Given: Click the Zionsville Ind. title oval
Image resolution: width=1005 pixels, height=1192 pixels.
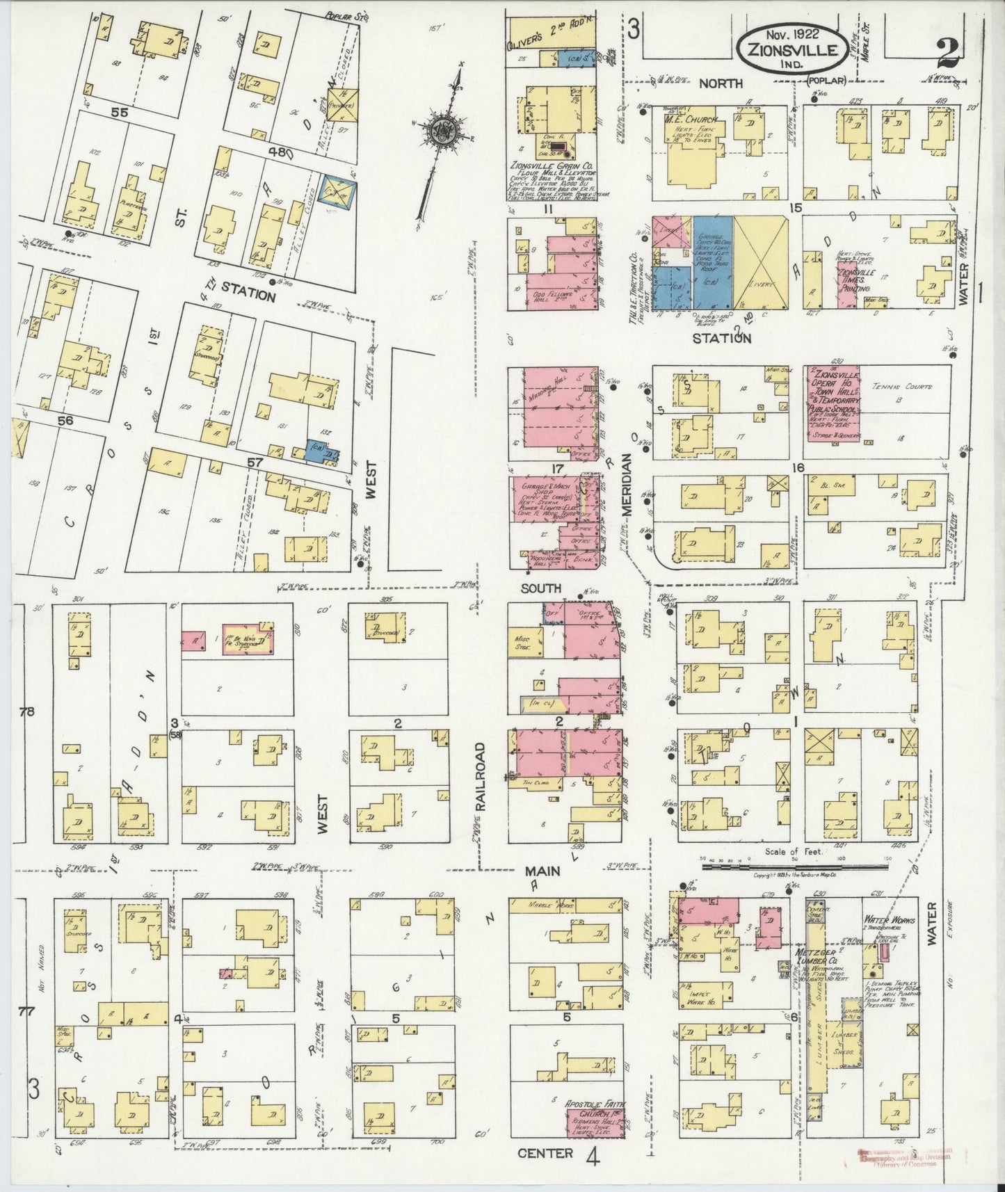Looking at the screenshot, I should (793, 51).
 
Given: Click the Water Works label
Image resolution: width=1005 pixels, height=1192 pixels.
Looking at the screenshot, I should (886, 919).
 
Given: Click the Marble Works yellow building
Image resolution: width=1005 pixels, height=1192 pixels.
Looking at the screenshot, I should (563, 905).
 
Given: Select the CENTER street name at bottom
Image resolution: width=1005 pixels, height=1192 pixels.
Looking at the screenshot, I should (545, 1153).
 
